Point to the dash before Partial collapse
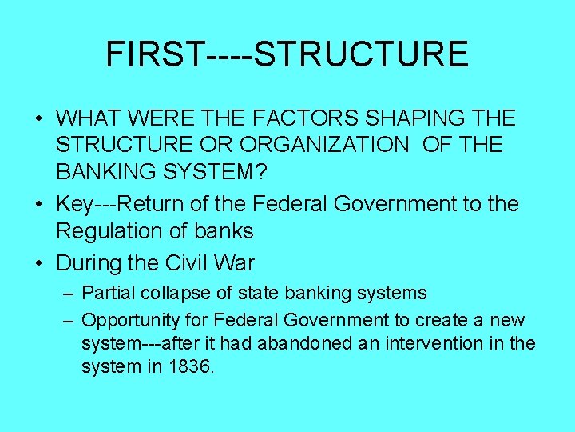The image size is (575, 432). click(x=69, y=294)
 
